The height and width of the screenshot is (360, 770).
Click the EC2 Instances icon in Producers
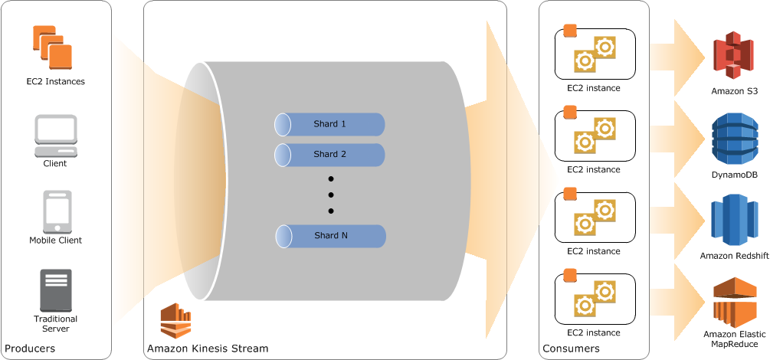tap(52, 47)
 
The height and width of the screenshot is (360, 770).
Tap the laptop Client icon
tap(55, 135)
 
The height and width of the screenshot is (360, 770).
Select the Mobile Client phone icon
tap(57, 211)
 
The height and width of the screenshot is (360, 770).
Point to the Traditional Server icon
tap(55, 290)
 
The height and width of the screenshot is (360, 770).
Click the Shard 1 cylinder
tap(329, 124)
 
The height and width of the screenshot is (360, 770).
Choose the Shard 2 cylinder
tap(329, 155)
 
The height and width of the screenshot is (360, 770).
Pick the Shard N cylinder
tap(330, 236)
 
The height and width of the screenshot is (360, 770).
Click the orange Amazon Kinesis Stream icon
tap(175, 320)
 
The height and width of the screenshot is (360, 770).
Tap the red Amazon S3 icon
tap(733, 56)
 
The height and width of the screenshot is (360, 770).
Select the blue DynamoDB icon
tap(733, 139)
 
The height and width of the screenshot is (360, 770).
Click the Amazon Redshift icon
tap(733, 221)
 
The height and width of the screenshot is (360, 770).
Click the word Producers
tap(30, 349)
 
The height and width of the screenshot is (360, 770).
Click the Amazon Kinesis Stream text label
tap(208, 349)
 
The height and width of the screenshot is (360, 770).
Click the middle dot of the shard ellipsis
tap(331, 195)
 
